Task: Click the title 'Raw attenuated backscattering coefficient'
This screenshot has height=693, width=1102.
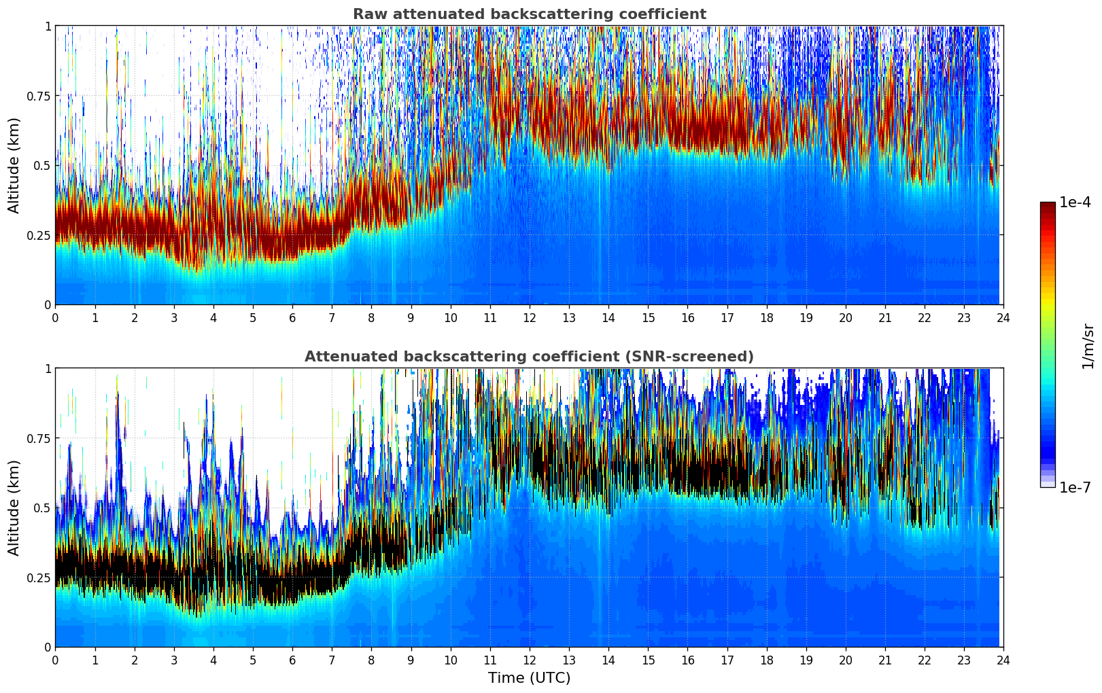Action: click(x=529, y=14)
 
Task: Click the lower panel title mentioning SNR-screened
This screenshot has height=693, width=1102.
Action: click(x=529, y=357)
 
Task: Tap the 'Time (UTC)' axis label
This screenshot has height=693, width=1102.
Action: click(x=529, y=678)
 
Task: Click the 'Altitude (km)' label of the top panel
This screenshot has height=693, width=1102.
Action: click(x=14, y=165)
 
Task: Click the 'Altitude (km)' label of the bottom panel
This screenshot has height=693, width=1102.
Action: click(x=14, y=508)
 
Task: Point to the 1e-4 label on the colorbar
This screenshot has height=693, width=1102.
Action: click(x=1075, y=202)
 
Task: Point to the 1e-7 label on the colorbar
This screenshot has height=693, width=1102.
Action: click(x=1075, y=487)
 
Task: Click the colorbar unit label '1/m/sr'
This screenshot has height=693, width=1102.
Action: click(x=1088, y=346)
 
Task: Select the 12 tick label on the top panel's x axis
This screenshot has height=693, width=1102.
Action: click(x=530, y=318)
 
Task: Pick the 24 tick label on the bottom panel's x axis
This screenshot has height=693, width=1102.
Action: click(x=1003, y=660)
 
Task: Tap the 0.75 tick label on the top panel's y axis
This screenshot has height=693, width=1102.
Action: click(x=39, y=96)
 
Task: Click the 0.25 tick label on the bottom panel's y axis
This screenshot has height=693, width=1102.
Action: click(x=39, y=577)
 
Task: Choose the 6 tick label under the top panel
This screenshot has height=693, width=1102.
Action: click(x=292, y=318)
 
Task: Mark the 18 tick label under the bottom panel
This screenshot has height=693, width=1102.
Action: click(x=766, y=660)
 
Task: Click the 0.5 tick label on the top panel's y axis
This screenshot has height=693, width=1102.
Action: click(x=43, y=165)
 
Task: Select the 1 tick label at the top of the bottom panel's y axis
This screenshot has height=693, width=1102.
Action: click(x=48, y=368)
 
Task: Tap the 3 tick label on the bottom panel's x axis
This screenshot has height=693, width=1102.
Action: click(x=174, y=660)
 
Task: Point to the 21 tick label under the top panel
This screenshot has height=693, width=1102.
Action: click(x=885, y=318)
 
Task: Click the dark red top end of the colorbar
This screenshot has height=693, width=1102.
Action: click(x=1048, y=205)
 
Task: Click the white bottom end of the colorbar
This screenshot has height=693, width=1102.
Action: click(x=1048, y=484)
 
